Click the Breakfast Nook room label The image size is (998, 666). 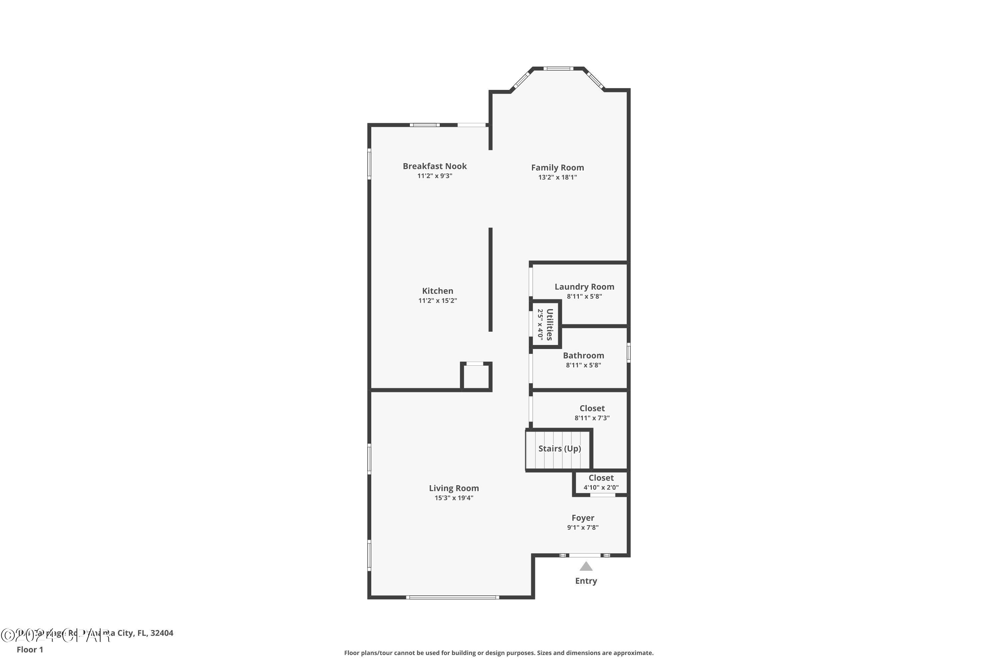pyautogui.click(x=434, y=166)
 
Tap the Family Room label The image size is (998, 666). pyautogui.click(x=557, y=168)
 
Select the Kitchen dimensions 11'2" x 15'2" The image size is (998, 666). pyautogui.click(x=437, y=301)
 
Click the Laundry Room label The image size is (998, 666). pyautogui.click(x=584, y=287)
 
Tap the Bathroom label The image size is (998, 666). pyautogui.click(x=583, y=356)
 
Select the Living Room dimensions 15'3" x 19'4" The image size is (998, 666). pyautogui.click(x=454, y=498)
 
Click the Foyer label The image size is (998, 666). pyautogui.click(x=582, y=518)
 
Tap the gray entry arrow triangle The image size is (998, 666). pyautogui.click(x=586, y=567)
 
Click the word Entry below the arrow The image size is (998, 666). pyautogui.click(x=586, y=581)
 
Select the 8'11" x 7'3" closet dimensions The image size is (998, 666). pyautogui.click(x=592, y=418)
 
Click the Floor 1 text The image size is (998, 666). pyautogui.click(x=30, y=649)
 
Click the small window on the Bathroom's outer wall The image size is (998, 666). pyautogui.click(x=628, y=353)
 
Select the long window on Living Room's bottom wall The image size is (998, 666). pyautogui.click(x=452, y=597)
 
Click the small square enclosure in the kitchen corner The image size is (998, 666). pyautogui.click(x=476, y=376)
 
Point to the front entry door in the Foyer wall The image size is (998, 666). pyautogui.click(x=585, y=555)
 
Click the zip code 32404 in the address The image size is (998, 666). pyautogui.click(x=162, y=633)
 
